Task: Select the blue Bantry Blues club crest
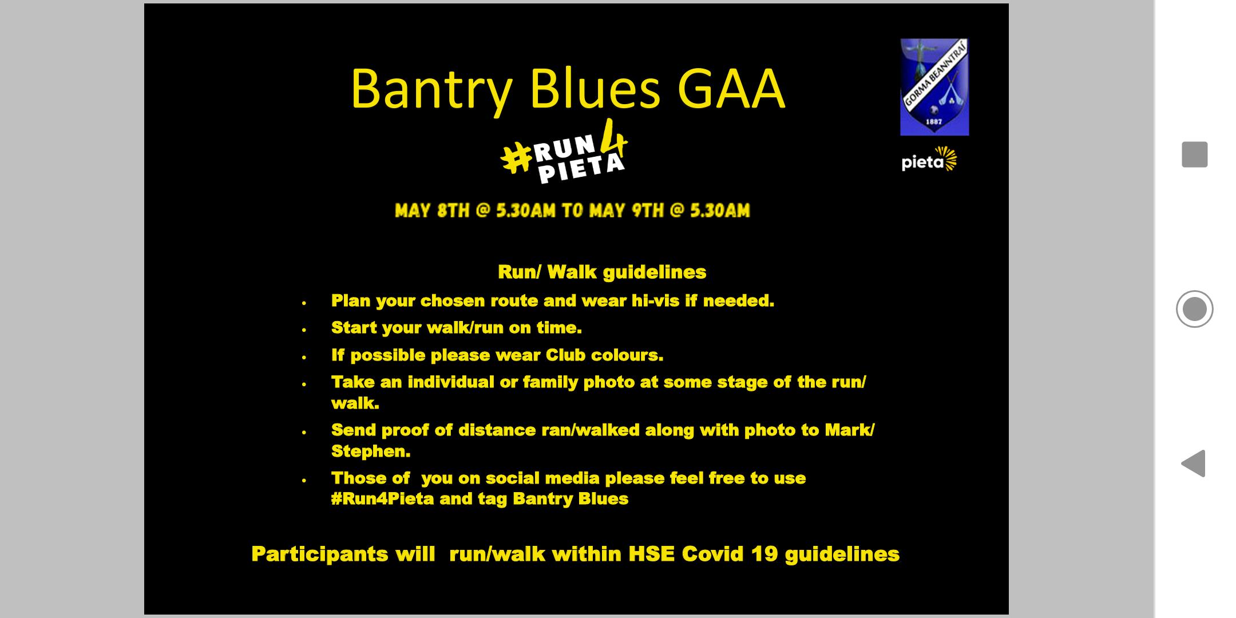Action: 934,87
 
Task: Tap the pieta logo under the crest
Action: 929,160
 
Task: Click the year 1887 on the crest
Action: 934,122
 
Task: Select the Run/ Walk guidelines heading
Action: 602,272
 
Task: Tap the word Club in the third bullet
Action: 566,355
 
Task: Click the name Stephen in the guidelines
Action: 371,451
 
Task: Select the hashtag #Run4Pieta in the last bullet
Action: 383,499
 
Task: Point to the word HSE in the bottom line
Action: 652,554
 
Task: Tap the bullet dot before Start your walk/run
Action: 304,330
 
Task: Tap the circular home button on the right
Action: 1195,309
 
